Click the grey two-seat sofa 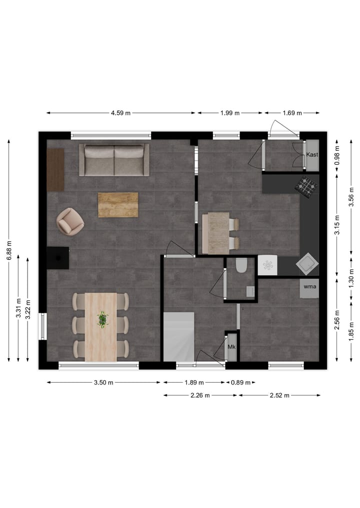coord(114,160)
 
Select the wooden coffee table coord(118,205)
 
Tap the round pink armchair coord(69,221)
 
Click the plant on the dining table coord(102,319)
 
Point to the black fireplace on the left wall coord(58,258)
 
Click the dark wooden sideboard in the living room coord(55,170)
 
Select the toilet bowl coord(241,265)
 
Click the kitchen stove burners coord(305,186)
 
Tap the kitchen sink coord(306,262)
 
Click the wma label coord(309,287)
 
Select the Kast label coord(312,155)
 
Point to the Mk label coord(231,347)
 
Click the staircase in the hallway coord(178,336)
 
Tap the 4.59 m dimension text coord(120,113)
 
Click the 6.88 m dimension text coord(9,250)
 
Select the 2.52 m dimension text coord(279,395)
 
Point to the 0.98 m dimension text coord(337,155)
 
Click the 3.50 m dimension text coord(103,383)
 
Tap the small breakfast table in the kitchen coord(218,233)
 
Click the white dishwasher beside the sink coord(267,265)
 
